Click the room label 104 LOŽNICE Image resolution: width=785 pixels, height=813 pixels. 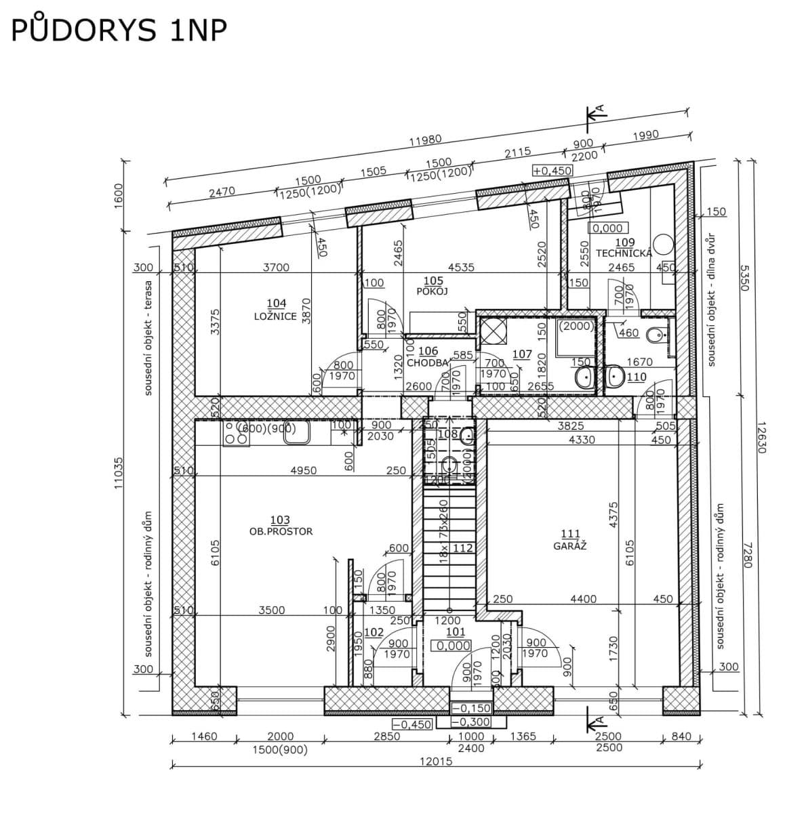coord(276,310)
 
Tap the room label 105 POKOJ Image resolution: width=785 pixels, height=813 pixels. coord(432,285)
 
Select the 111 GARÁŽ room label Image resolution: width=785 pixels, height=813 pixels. coord(570,539)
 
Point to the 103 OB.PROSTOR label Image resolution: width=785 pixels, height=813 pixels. coord(281,526)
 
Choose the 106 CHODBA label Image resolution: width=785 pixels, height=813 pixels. coord(428,357)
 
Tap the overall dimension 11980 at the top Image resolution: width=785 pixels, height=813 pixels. coord(425,140)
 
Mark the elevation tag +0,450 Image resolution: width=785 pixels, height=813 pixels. coord(552,171)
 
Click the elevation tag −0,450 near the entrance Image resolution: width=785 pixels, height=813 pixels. coord(412,724)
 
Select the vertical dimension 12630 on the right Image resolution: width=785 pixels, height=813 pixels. coord(760,437)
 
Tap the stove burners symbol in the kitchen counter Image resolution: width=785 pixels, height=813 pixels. coord(235,434)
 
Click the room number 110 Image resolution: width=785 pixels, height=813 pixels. coord(636,377)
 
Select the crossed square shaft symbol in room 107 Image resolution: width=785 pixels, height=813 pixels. coord(490,330)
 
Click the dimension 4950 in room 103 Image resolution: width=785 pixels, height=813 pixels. coord(302,470)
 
